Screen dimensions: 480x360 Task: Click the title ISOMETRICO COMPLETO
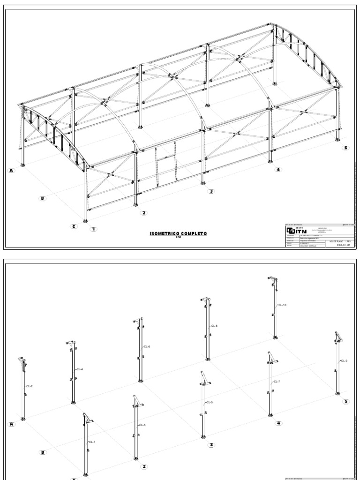178,233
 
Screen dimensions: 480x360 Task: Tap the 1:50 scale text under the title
178,237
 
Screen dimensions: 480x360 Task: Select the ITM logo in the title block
296,232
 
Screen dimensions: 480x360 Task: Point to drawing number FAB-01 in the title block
341,244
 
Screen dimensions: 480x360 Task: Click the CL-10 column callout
282,305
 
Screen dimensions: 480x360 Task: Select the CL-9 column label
344,360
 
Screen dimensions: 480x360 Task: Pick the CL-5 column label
209,403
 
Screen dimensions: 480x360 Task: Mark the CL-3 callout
142,425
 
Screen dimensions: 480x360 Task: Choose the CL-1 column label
91,442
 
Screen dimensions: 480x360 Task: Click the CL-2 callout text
29,386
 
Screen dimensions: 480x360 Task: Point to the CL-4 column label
79,369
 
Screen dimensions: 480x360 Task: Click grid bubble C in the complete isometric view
74,227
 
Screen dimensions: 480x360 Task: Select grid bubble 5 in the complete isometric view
346,148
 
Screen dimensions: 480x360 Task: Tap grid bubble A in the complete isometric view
12,171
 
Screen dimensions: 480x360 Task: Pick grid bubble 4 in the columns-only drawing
278,423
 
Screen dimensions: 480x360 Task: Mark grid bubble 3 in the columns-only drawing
211,445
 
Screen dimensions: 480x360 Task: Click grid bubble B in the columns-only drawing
43,452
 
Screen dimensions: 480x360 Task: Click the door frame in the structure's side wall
166,162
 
